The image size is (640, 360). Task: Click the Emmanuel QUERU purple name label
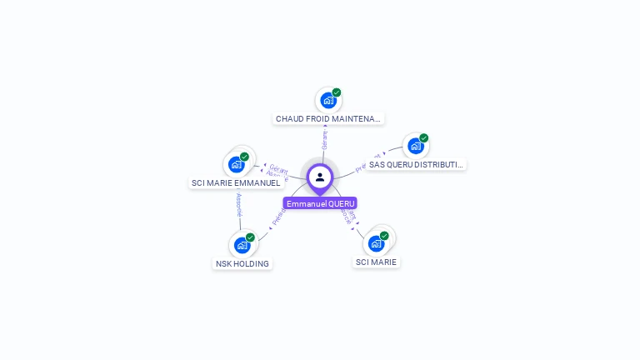(x=320, y=203)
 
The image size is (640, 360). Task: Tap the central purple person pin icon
(x=320, y=177)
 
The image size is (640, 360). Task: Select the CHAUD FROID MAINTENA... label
(x=328, y=119)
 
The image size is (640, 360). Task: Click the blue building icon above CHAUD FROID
(x=328, y=101)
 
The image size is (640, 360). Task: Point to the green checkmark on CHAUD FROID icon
(x=337, y=92)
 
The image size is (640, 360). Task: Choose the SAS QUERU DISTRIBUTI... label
(x=416, y=164)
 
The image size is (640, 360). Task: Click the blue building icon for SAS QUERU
(x=415, y=146)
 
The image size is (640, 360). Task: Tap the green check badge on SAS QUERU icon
(x=423, y=138)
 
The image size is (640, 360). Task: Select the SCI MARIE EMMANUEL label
(x=236, y=182)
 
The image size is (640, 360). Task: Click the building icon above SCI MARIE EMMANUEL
(x=236, y=164)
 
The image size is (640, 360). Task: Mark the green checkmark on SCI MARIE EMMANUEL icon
(x=244, y=157)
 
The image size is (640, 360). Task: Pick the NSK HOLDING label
(x=242, y=263)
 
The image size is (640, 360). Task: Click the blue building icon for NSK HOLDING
(x=242, y=245)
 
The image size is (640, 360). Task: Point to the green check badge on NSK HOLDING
(x=250, y=237)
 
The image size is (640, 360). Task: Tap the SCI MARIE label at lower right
(x=377, y=262)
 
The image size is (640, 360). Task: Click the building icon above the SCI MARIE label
(x=376, y=243)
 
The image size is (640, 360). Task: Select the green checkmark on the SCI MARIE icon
(x=384, y=236)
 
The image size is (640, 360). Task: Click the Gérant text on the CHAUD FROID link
(x=325, y=139)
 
